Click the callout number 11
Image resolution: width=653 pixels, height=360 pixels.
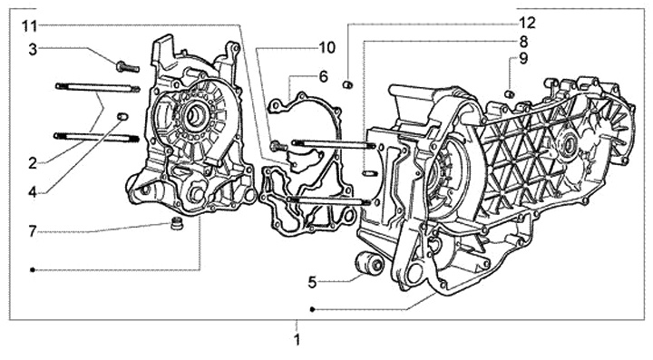click(x=30, y=26)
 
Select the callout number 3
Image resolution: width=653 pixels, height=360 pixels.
click(x=33, y=50)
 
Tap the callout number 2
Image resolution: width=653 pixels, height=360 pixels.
click(x=33, y=163)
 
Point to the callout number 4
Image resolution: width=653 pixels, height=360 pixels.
click(x=33, y=192)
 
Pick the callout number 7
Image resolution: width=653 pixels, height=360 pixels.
click(x=33, y=231)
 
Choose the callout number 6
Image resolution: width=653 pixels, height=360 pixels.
click(x=324, y=77)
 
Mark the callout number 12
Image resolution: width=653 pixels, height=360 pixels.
click(x=527, y=24)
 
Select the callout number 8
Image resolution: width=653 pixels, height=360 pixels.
click(x=523, y=42)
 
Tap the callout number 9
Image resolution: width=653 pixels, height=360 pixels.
click(x=523, y=59)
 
